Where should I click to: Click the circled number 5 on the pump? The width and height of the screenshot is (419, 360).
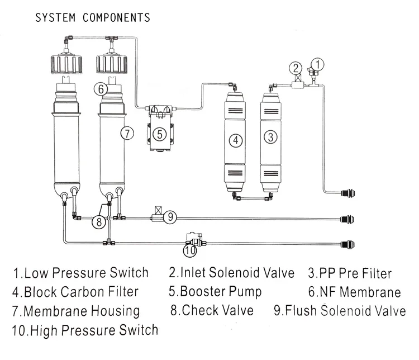(x=159, y=134)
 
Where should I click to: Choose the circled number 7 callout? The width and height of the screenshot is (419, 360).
(x=127, y=133)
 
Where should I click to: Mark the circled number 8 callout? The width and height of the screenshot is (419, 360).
(x=98, y=221)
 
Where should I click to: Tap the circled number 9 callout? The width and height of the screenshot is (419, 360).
(x=172, y=216)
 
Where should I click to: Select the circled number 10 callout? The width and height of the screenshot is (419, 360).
(x=191, y=250)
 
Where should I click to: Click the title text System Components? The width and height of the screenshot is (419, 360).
(x=92, y=17)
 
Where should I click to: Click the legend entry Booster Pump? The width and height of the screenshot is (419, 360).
(x=215, y=291)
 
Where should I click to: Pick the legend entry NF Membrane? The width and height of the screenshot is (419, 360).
(x=354, y=292)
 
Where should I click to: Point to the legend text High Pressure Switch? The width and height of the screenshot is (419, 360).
(x=85, y=330)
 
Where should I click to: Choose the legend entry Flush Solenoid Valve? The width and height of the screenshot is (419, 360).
(x=339, y=311)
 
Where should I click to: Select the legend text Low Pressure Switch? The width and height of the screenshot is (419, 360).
(x=81, y=273)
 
